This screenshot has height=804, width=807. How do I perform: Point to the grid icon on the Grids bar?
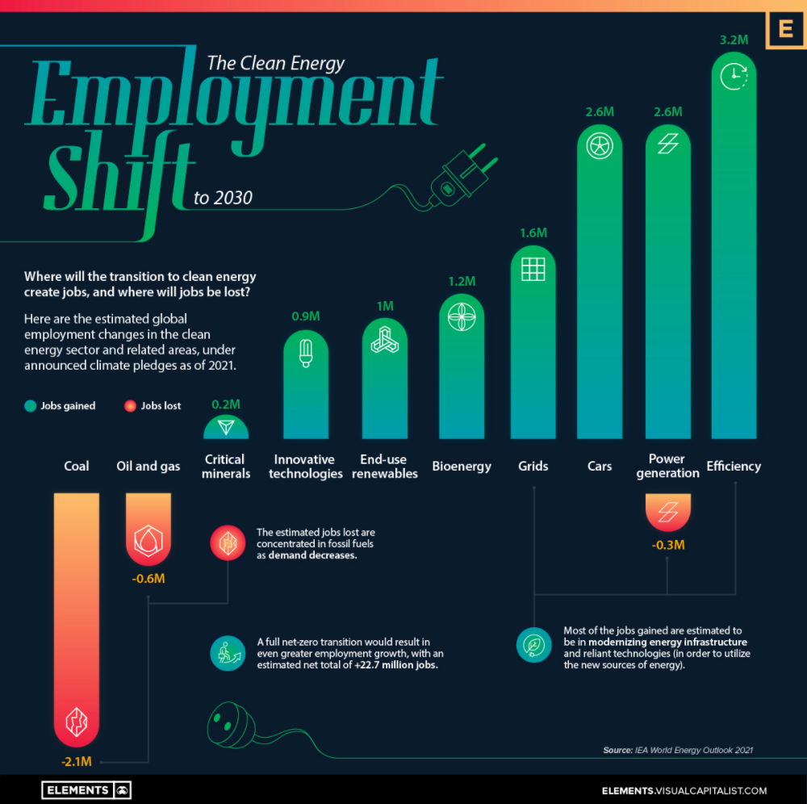(533, 268)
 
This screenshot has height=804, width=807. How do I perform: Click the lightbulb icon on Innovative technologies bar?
(306, 353)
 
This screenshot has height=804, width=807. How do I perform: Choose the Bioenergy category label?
(461, 466)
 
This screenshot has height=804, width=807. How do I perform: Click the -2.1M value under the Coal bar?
(76, 760)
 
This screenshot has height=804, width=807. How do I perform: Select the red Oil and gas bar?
(148, 529)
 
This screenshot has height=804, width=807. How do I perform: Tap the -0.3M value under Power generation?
(668, 546)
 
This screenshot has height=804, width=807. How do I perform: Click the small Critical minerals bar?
(226, 427)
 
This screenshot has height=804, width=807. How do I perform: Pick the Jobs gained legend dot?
(30, 406)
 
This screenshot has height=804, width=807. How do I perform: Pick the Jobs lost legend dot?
(129, 406)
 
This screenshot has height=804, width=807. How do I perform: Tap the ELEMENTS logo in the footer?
(87, 789)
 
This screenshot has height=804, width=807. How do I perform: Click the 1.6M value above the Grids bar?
(533, 232)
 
